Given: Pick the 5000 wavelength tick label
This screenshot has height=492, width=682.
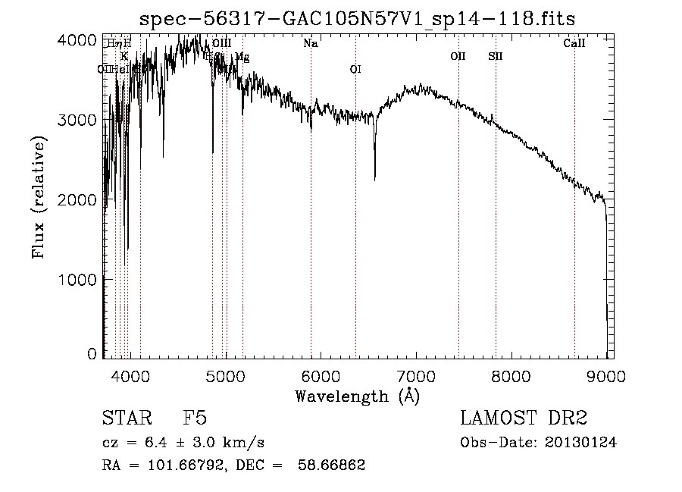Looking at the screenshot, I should point(225,374).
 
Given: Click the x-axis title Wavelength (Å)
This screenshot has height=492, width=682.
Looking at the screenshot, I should point(357,396).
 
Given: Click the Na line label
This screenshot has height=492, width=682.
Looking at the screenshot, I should point(310,44).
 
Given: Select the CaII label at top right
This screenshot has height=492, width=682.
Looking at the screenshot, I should point(574,44).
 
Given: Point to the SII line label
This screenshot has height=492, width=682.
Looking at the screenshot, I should point(496,56).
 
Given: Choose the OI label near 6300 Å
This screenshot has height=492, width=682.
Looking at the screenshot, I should point(355,70).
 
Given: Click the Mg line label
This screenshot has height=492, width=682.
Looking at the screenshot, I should point(242,57).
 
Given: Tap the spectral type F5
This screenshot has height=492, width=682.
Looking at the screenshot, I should point(195,418).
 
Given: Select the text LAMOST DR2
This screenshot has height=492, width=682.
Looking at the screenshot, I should point(524,418).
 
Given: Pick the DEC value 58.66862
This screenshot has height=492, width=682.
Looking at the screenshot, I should point(333,465).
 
